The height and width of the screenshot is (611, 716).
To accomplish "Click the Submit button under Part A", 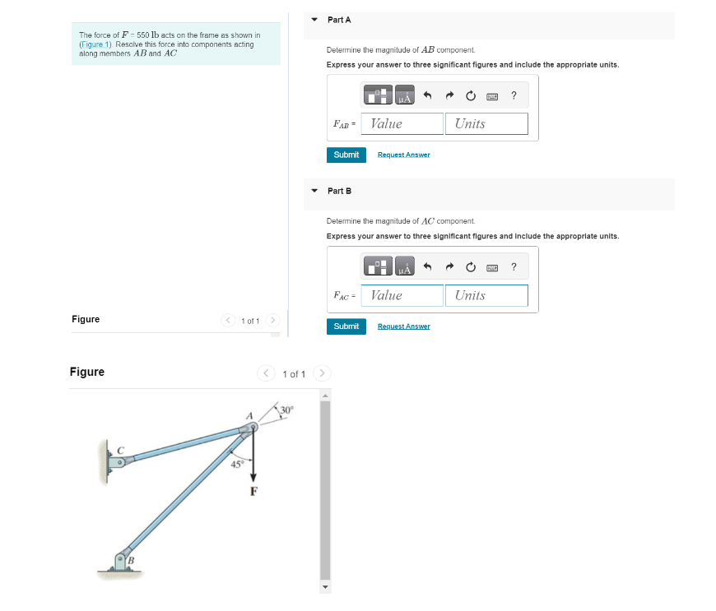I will [x=346, y=155].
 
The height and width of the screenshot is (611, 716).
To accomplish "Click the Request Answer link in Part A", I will [x=403, y=155].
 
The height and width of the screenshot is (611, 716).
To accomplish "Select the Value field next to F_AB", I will [x=402, y=123].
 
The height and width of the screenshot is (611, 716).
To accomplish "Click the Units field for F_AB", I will [x=486, y=123].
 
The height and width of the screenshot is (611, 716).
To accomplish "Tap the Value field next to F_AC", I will [x=402, y=295].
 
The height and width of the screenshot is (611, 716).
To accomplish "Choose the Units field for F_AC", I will [x=486, y=295].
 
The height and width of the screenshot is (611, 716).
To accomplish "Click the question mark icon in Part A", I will [x=514, y=95].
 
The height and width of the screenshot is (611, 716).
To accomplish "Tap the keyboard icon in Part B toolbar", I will [x=492, y=267].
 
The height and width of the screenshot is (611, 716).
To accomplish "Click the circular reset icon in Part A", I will [x=471, y=95].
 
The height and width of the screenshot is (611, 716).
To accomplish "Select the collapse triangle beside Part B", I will [x=314, y=191].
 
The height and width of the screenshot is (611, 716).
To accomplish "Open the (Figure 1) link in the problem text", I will [x=96, y=44].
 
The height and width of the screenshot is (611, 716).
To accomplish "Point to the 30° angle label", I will [x=286, y=410].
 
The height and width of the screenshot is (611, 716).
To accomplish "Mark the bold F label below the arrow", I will [x=253, y=492].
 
